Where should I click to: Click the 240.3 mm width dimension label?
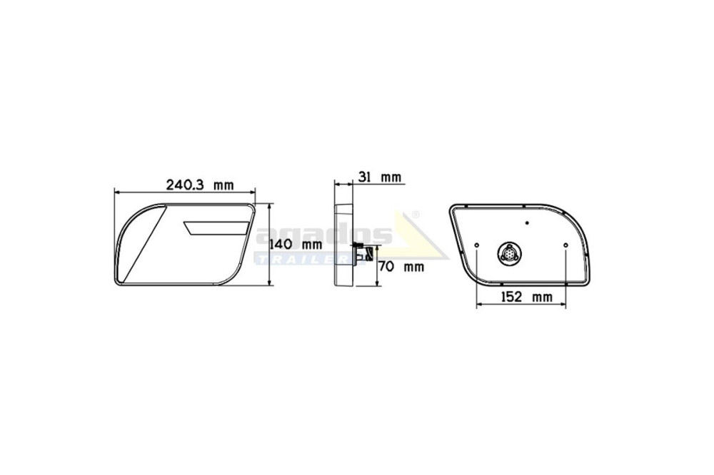pos(199,185)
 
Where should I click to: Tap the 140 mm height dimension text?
pos(296,245)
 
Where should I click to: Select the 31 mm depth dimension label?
pos(381,176)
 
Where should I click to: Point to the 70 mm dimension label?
pos(401,266)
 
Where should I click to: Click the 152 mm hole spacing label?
pos(526,297)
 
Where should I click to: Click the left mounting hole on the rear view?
pos(476,245)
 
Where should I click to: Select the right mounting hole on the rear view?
pos(565,245)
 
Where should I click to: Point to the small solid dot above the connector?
pos(527,223)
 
